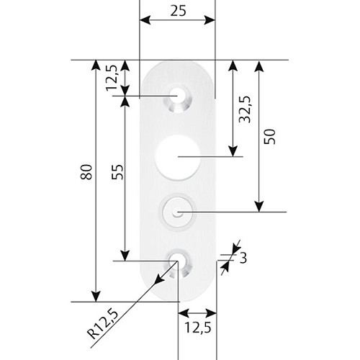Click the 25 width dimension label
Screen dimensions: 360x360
[x=178, y=11]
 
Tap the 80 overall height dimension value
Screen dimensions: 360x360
[x=86, y=172]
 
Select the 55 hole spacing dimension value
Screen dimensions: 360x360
[x=117, y=172]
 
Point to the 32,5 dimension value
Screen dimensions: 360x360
[x=245, y=109]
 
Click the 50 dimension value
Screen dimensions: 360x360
[x=269, y=137]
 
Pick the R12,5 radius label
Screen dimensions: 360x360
[x=103, y=325]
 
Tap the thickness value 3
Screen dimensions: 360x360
[x=243, y=258]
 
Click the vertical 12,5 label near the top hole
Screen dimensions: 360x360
[x=112, y=78]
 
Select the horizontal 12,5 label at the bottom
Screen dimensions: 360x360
[x=198, y=328]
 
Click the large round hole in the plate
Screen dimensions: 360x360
[x=178, y=157]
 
